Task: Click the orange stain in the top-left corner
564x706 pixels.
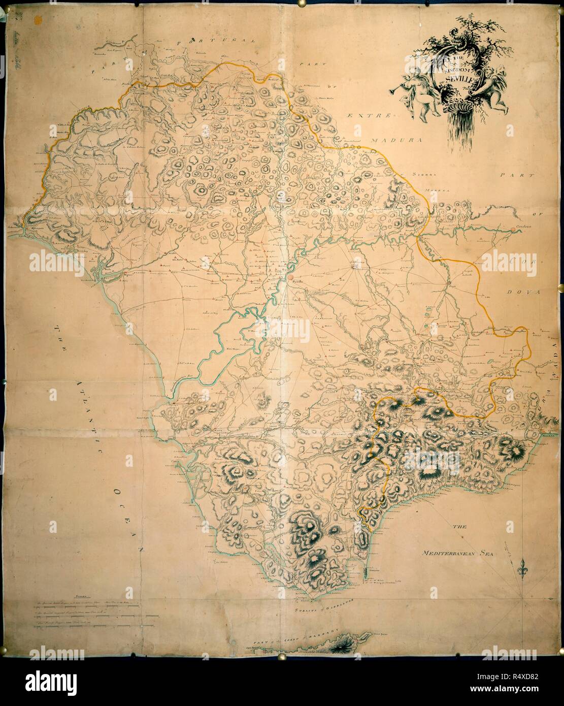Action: (x=37, y=20)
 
